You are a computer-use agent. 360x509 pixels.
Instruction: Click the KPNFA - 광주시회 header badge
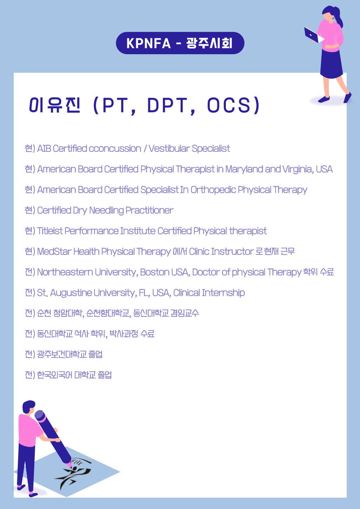[180, 43]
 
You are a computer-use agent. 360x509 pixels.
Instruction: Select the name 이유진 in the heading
[55, 105]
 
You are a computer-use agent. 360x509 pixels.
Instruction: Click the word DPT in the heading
[167, 105]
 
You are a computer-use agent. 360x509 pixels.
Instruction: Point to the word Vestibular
[169, 149]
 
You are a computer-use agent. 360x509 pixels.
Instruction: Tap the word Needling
[106, 210]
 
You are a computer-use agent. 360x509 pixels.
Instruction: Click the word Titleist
[50, 231]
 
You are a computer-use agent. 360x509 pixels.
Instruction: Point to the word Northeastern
[65, 272]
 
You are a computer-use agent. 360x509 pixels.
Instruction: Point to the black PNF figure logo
[73, 473]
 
